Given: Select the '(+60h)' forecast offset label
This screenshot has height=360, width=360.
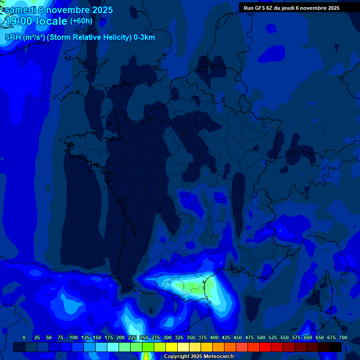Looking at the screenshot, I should (81, 21).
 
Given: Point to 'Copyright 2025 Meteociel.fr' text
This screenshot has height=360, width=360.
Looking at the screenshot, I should (199, 356).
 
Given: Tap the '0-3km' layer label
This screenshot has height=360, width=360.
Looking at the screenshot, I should (144, 37).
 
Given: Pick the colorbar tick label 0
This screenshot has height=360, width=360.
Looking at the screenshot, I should (24, 337).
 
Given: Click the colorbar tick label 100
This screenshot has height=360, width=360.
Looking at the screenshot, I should (74, 337).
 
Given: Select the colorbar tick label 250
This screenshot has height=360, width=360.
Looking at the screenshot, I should (144, 337).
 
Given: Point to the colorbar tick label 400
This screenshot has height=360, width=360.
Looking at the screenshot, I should (214, 337).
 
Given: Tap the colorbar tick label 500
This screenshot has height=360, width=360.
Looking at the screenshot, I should (261, 337).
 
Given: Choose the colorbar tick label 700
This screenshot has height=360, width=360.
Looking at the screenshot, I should (343, 337).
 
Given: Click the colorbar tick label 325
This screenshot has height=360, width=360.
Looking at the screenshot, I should (179, 337).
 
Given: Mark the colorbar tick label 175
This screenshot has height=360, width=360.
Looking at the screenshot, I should (109, 337).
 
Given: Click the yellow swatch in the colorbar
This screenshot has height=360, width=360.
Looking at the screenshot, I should (172, 347).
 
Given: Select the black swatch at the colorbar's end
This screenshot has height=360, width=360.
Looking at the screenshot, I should (336, 347).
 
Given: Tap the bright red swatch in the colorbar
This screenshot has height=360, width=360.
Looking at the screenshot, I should (265, 347).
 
